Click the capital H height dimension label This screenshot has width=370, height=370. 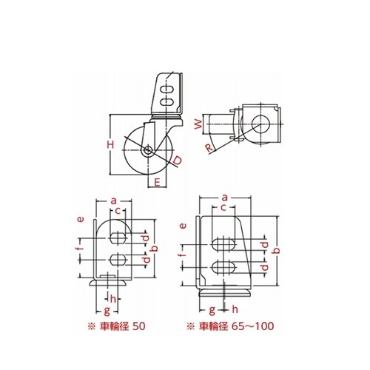coord(111,144)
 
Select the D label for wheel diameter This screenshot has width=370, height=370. coord(178,161)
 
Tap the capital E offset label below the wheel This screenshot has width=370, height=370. coord(157,182)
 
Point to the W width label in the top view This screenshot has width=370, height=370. coord(198,124)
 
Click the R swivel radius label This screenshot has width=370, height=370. coord(209,148)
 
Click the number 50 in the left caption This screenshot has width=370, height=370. coord(139,326)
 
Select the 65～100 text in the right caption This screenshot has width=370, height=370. coord(253,326)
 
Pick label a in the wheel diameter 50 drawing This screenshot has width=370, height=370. coord(113,201)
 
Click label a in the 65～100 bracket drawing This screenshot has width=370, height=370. coord(224,198)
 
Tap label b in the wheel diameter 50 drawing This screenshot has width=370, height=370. coord(155,248)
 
